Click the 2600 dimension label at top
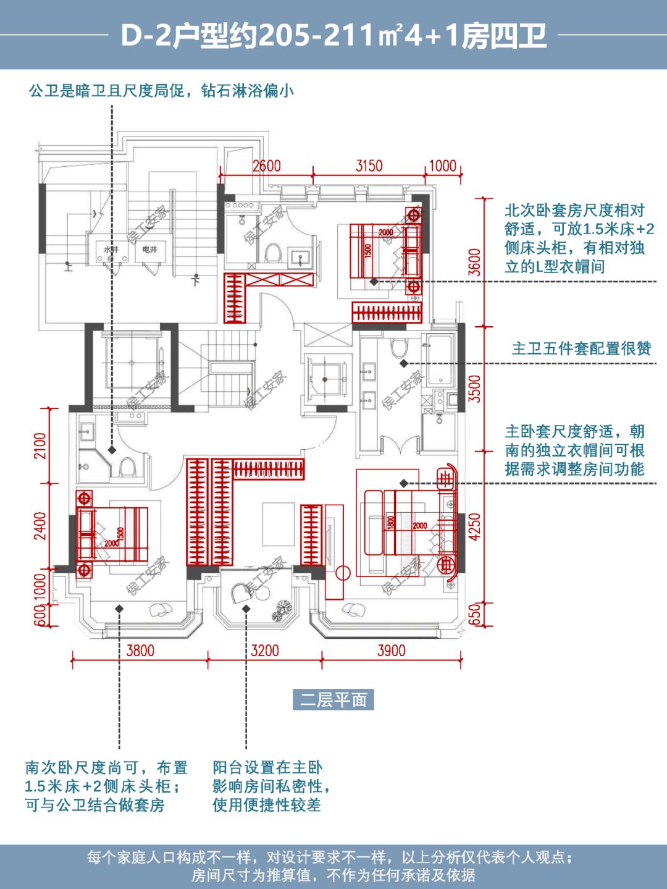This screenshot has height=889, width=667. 266,166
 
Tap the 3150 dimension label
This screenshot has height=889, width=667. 369,166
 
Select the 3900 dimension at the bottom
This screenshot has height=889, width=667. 391,651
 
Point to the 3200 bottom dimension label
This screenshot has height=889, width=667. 264,651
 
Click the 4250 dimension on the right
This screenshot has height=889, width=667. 474,527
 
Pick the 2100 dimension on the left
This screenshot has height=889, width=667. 40,446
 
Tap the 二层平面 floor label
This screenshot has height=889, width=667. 333,700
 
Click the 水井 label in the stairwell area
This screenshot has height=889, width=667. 111,250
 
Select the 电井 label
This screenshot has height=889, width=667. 150,250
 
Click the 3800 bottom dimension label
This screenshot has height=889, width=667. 140,651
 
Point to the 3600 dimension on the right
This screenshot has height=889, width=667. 474,262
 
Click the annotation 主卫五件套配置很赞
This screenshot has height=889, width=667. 581,349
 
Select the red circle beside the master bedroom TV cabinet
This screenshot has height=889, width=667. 343,573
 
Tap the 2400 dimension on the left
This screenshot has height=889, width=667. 40,526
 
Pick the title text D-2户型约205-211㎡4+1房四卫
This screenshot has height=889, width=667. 333,36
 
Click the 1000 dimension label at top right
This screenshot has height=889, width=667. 443,166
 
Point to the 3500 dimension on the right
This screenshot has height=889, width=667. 474,389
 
